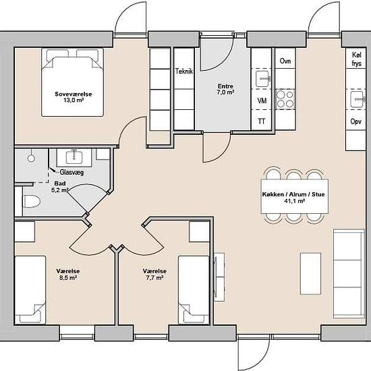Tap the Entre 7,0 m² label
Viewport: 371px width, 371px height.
(x=225, y=89)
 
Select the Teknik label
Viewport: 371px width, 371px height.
(x=184, y=72)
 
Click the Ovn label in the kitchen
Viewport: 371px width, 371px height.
(x=285, y=61)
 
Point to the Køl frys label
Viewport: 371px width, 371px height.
(x=357, y=59)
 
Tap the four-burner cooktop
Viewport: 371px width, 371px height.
(x=285, y=99)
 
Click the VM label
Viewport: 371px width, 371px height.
(x=262, y=101)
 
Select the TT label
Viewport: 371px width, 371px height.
(x=262, y=121)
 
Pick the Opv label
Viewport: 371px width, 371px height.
(x=356, y=121)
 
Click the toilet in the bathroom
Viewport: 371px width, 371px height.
(x=32, y=202)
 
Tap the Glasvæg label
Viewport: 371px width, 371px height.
(x=72, y=172)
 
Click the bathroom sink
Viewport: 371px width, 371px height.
(x=74, y=157)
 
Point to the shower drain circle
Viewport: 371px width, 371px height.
(x=31, y=158)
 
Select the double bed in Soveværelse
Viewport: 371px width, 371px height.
(x=72, y=82)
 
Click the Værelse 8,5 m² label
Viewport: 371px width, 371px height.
(x=68, y=275)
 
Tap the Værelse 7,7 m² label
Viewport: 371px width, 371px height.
(x=154, y=275)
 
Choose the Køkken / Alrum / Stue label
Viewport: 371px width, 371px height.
(x=293, y=198)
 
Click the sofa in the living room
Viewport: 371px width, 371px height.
(x=349, y=273)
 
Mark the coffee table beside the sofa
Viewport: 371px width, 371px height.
(x=310, y=273)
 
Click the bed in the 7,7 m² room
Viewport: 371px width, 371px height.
(x=194, y=290)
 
